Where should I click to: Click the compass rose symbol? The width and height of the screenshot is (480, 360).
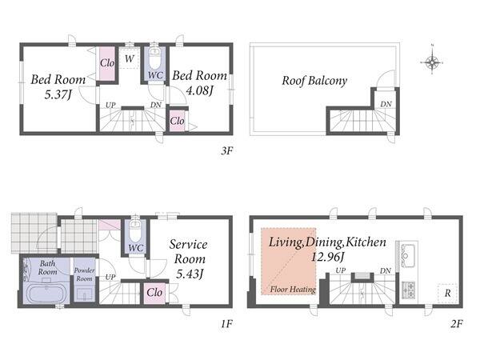tap(432, 62)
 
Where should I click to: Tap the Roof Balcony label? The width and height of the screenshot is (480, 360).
tap(314, 81)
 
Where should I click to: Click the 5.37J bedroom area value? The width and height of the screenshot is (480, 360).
tap(58, 94)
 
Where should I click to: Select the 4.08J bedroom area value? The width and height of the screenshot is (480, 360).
tap(199, 90)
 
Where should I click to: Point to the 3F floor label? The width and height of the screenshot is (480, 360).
tap(227, 150)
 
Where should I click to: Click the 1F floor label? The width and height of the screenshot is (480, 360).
tap(227, 323)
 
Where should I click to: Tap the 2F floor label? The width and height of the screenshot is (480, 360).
tap(456, 323)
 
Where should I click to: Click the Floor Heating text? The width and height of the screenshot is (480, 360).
tap(293, 290)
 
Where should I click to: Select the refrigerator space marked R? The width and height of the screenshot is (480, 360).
tap(447, 294)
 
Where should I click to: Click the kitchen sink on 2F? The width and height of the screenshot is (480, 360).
tap(408, 255)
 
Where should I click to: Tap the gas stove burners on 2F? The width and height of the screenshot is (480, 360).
tap(408, 290)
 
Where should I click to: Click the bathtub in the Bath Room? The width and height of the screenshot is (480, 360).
tap(46, 293)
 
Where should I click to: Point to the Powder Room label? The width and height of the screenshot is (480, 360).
tap(84, 274)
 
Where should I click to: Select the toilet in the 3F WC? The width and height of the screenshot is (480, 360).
tap(154, 60)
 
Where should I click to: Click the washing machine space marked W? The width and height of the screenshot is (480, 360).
tap(129, 58)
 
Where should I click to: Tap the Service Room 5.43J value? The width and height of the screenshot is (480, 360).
tap(190, 274)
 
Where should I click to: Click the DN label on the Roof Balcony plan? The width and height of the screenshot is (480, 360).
tap(386, 104)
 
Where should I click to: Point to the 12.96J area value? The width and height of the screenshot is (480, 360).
tap(327, 257)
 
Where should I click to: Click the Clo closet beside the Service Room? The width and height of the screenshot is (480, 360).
tap(154, 293)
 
